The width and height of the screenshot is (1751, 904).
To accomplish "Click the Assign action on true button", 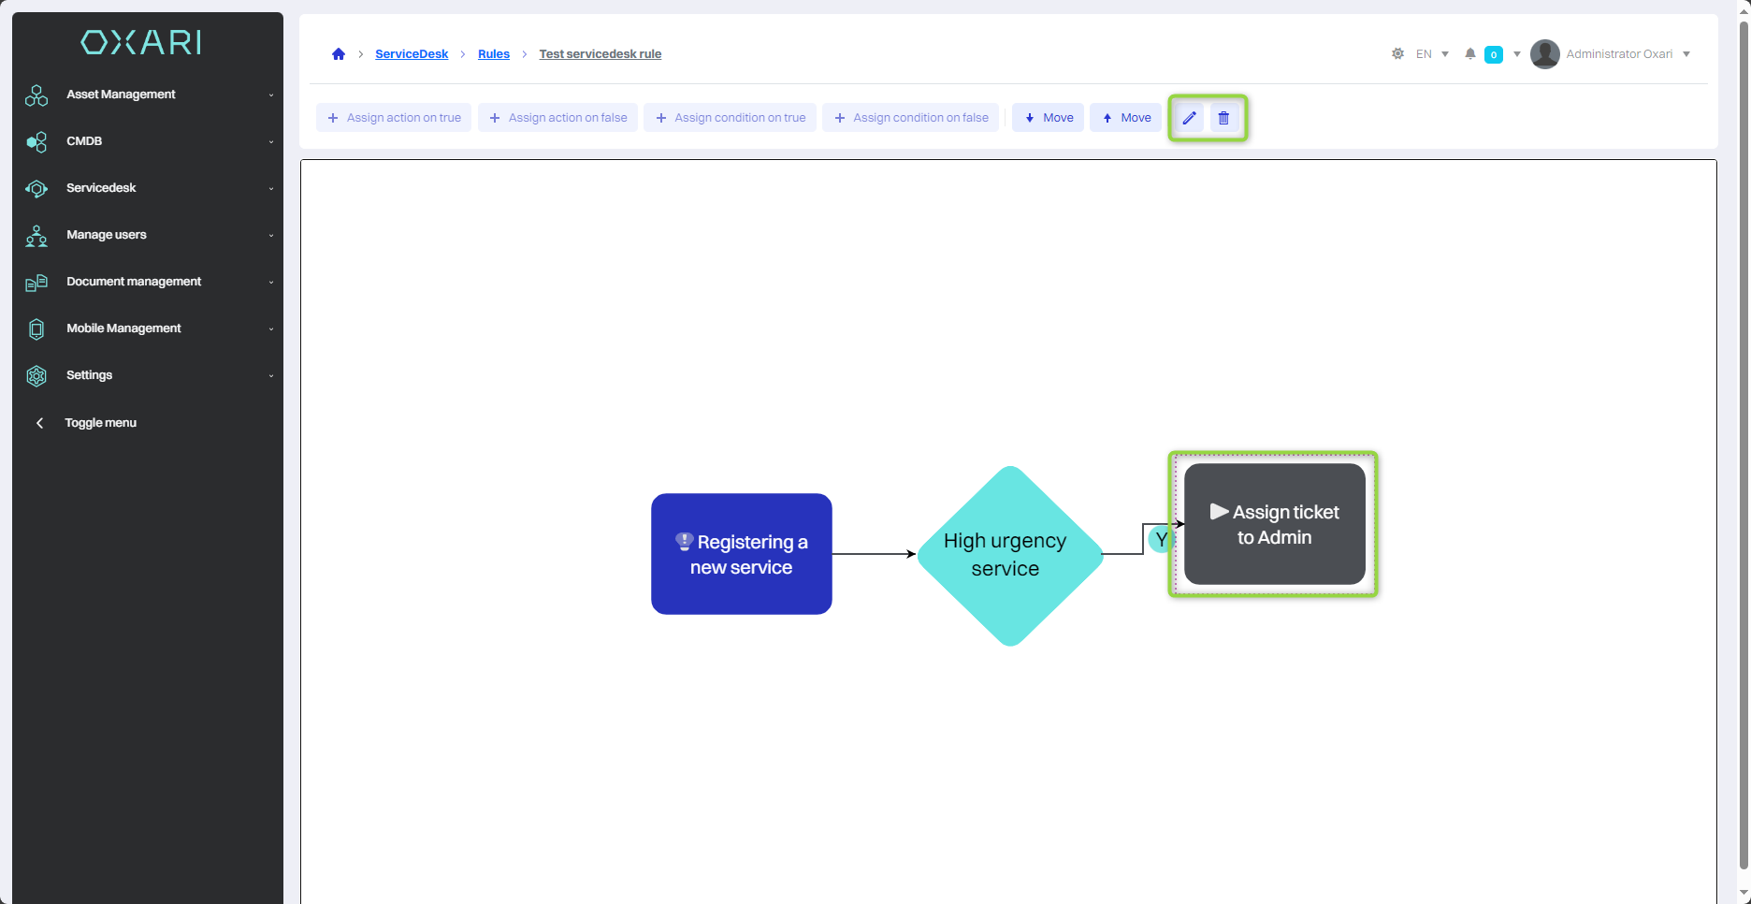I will pos(394,118).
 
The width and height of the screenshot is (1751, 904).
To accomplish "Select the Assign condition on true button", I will pos(731,118).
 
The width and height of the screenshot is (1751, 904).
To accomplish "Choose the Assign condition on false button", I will pos(911,118).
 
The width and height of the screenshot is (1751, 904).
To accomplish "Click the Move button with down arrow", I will pos(1049,118).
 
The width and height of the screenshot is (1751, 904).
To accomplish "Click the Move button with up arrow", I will pos(1126,118).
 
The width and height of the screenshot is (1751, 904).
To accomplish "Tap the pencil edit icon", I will pos(1189,118).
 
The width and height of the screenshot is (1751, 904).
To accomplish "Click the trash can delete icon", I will pos(1223,118).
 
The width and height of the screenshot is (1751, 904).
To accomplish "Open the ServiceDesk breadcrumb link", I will pos(412,54).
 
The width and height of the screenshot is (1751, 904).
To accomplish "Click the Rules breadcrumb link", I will pos(494,54).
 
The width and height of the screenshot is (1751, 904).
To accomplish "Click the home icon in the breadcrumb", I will pos(339,54).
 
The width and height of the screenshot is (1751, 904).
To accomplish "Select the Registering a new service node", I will pos(742,554).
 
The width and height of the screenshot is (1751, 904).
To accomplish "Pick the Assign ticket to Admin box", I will pos(1274,524).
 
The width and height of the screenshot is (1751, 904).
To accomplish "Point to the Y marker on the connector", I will pos(1160,540).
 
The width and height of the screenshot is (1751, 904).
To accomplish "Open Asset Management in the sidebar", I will pos(121,95).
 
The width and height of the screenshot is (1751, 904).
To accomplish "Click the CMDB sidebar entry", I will pos(84,141).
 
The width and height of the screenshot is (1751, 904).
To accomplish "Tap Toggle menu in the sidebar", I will pos(100,423).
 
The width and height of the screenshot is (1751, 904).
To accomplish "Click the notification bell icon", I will pos(1470,54).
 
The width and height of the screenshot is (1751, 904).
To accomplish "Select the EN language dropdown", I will pos(1431,54).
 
